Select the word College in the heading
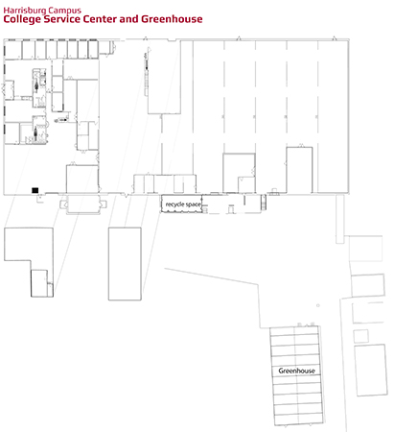click(22, 19)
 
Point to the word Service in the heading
click(62, 19)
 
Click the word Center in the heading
click(100, 19)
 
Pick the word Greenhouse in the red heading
click(172, 19)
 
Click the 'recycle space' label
click(183, 204)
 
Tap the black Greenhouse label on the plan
click(296, 371)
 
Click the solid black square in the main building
click(35, 190)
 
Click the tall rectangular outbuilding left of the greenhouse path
click(125, 264)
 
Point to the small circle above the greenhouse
click(317, 305)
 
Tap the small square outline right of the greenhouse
click(360, 336)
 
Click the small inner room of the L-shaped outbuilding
click(39, 283)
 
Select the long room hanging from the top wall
click(164, 77)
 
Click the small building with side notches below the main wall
click(83, 204)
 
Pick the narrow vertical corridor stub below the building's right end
click(339, 219)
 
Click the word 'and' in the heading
click(128, 19)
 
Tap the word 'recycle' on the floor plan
click(175, 204)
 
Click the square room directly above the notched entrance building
click(82, 180)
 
